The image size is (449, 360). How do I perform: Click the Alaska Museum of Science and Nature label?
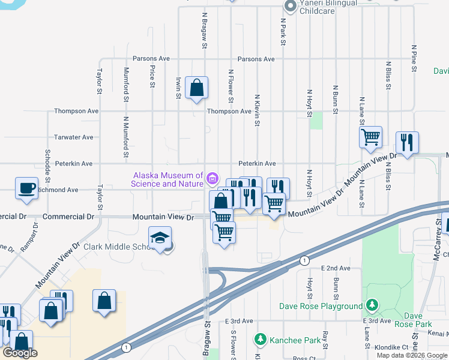coord(168,179)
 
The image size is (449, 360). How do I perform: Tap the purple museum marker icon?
coord(212,178)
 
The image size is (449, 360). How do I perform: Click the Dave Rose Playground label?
coord(321,306)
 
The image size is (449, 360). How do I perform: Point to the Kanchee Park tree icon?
coord(261,340)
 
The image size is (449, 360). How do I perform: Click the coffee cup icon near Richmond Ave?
coord(26,188)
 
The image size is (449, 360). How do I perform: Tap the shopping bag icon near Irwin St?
coord(196,88)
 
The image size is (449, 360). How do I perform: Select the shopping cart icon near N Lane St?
coord(370,137)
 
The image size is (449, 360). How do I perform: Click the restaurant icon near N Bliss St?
coord(406,143)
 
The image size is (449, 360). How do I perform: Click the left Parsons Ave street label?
coord(152,59)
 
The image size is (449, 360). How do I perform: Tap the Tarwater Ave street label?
coord(74,137)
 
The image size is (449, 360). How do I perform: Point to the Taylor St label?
coord(100,81)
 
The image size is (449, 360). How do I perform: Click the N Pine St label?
coord(414,57)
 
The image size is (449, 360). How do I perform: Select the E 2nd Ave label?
coord(336,268)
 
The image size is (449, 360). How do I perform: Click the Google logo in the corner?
coord(20,353)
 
